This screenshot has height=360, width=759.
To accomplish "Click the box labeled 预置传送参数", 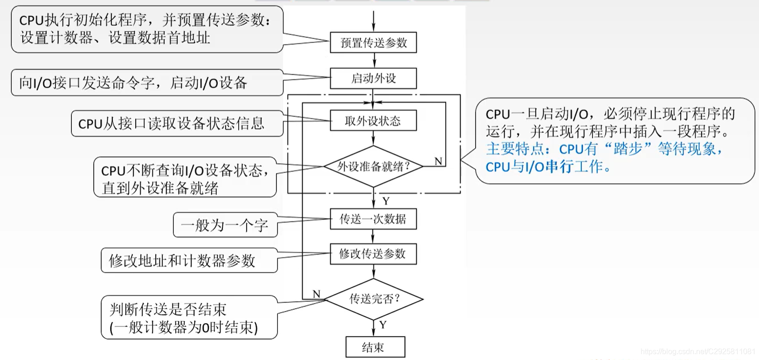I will [x=373, y=42].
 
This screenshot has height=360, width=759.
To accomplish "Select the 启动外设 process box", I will [x=373, y=78].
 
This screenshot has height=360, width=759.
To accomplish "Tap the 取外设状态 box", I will [x=373, y=121].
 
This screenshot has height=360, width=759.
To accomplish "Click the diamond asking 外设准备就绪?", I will [x=373, y=166].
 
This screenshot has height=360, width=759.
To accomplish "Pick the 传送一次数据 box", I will [x=373, y=219].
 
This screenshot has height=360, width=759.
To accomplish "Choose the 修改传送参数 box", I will [x=373, y=254].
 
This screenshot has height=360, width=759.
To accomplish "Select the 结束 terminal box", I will [x=375, y=347].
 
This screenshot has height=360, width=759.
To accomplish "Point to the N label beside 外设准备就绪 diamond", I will [x=438, y=161].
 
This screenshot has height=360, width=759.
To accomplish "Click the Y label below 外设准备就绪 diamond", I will [x=386, y=201].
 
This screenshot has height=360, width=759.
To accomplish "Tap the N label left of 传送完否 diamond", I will [x=317, y=294].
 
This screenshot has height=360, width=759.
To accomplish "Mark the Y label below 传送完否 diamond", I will [x=383, y=325].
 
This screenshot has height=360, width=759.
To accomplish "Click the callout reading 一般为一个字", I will [x=225, y=225].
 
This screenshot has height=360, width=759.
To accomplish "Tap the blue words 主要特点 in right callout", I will [x=514, y=149].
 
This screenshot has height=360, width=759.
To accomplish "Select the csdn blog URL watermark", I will [x=697, y=351].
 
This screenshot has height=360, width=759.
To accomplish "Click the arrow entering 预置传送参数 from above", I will [x=373, y=21].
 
